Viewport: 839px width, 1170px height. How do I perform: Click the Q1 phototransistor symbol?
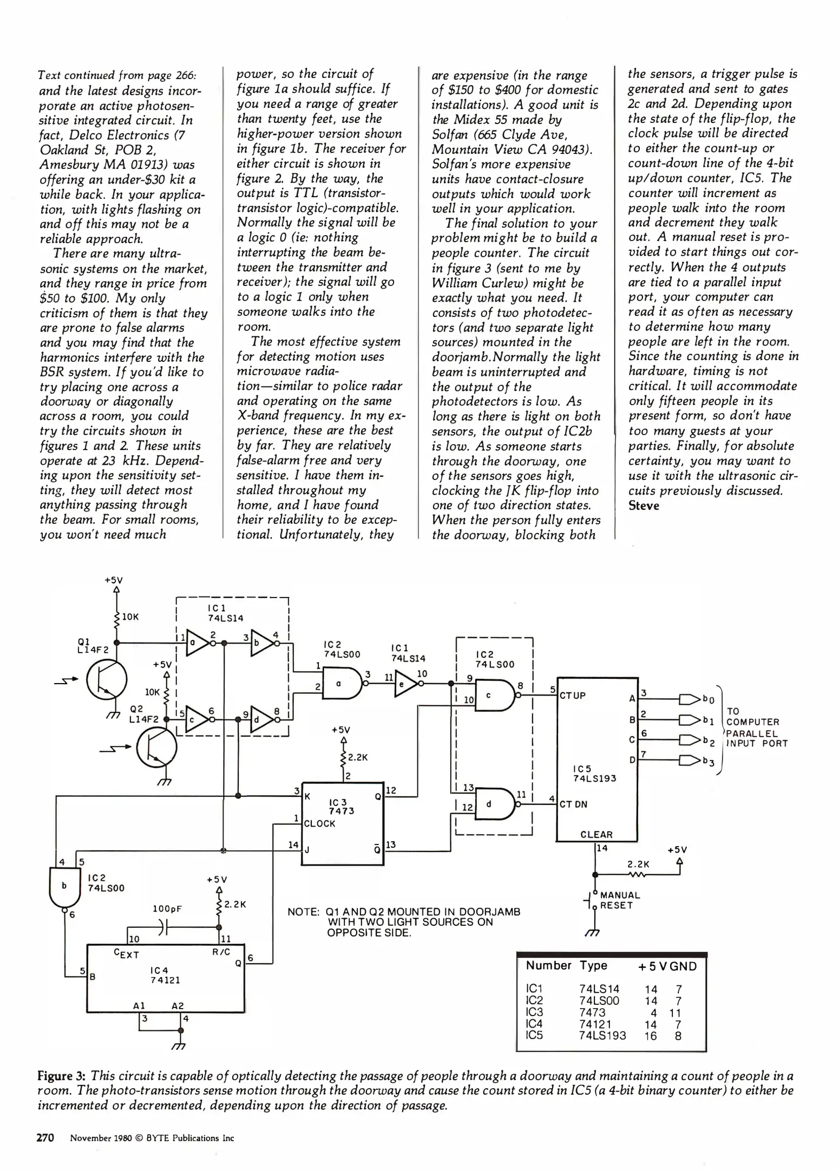pyautogui.click(x=107, y=680)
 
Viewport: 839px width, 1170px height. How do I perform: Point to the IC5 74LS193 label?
pyautogui.click(x=594, y=773)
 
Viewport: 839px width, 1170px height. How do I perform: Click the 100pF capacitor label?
pyautogui.click(x=167, y=909)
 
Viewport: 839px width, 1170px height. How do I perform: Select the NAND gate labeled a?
pyautogui.click(x=341, y=684)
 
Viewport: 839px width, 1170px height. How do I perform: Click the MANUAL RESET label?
pyautogui.click(x=620, y=900)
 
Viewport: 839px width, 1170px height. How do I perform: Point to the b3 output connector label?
pyautogui.click(x=709, y=762)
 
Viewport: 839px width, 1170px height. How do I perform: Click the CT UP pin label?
pyautogui.click(x=573, y=695)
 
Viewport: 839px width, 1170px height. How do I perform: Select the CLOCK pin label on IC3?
pyautogui.click(x=319, y=823)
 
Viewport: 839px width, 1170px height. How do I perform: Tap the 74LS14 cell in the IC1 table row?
pyautogui.click(x=599, y=989)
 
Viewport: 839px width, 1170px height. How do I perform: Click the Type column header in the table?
pyautogui.click(x=593, y=965)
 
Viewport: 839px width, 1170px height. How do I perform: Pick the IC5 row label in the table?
pyautogui.click(x=534, y=1035)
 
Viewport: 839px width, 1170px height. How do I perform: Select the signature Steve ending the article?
pyautogui.click(x=644, y=506)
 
